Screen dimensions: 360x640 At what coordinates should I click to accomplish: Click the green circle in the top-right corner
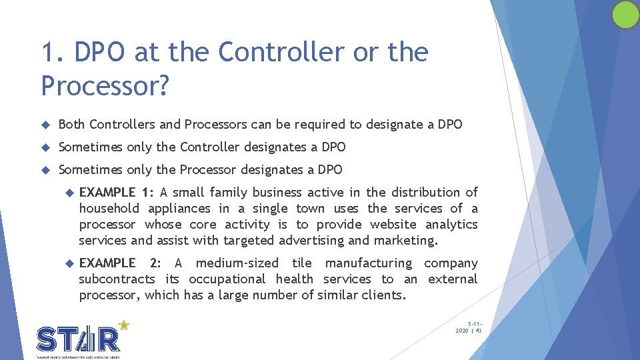pos(625,15)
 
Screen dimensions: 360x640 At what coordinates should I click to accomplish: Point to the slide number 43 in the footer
pos(479,330)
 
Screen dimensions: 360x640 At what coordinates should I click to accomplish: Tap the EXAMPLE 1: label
pos(117,193)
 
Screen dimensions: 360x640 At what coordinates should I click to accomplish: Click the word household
pos(109,209)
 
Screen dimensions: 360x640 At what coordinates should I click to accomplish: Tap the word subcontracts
pos(117,279)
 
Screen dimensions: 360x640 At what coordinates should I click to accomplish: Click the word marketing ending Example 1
pos(403,241)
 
